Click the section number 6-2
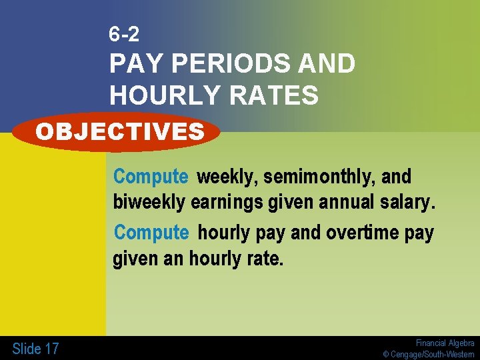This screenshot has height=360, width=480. click(125, 34)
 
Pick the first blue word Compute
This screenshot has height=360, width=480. click(151, 177)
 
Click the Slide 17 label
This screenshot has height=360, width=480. click(35, 348)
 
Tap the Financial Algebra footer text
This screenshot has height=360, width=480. click(445, 343)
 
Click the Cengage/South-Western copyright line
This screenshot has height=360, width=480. click(429, 354)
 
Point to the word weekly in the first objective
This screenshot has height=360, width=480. click(227, 177)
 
